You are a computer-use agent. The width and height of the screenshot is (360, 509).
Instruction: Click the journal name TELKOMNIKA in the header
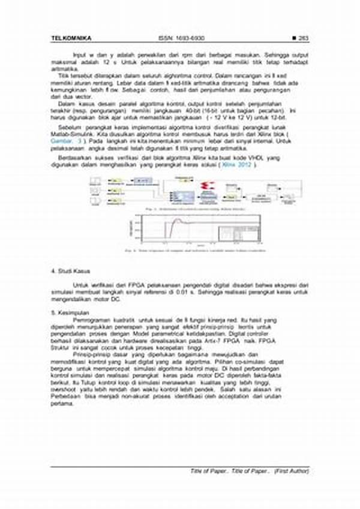point(71,38)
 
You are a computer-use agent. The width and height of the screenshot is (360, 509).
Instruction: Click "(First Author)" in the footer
point(292,471)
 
